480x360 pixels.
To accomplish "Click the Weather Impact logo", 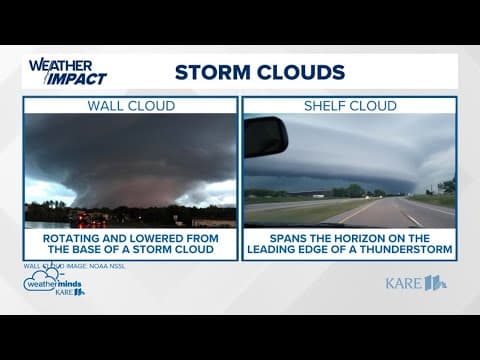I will tap(67, 71).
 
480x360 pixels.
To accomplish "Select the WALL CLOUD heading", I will tap(131, 105).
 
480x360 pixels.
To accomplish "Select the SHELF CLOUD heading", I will tap(349, 105).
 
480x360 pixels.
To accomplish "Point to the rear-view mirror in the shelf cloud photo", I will tap(266, 136).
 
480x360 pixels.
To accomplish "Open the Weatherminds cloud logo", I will tap(52, 284).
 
